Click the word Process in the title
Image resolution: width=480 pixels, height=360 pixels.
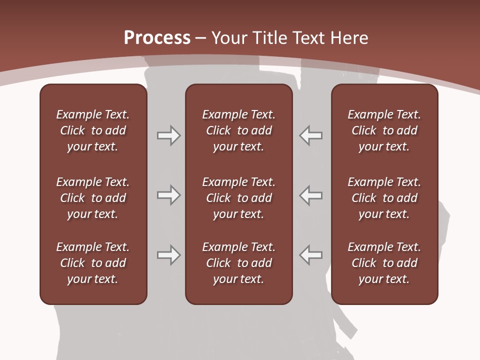(157, 38)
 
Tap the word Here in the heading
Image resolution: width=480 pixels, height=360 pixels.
(348, 38)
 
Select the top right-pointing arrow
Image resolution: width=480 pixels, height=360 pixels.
(168, 135)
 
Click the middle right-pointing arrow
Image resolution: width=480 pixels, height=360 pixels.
(168, 195)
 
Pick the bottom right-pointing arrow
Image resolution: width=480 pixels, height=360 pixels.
(168, 255)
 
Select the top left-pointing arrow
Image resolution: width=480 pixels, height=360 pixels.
(311, 135)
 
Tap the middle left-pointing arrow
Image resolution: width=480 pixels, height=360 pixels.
(311, 195)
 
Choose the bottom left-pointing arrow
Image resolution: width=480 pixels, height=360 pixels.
(311, 255)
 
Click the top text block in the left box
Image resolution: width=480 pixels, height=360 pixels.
(93, 130)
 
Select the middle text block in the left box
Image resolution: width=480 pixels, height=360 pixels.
(93, 198)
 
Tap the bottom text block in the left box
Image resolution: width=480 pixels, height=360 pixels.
(93, 263)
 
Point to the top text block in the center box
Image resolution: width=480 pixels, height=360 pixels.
(238, 130)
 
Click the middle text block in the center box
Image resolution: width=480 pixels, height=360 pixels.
(238, 198)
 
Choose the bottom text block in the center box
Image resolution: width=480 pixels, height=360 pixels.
(238, 263)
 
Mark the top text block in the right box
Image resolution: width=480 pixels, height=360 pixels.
(384, 130)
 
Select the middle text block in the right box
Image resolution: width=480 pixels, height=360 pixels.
(384, 198)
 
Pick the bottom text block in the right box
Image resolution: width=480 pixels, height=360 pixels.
(384, 263)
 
